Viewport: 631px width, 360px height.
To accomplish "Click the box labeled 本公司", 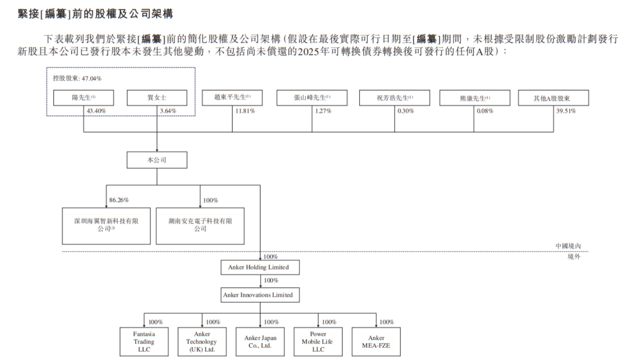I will [x=157, y=160].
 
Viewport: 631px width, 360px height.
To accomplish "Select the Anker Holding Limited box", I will [x=260, y=267].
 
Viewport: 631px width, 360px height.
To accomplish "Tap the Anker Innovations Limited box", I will [x=260, y=295].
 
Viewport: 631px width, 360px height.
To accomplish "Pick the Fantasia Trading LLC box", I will [x=144, y=342].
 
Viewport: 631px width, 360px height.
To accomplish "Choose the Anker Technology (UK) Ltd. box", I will [x=202, y=342].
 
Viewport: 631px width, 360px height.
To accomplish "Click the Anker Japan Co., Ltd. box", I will [x=260, y=342].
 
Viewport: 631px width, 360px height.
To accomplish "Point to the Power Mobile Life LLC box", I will [x=318, y=342].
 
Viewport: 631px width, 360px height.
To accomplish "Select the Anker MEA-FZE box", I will [x=376, y=342].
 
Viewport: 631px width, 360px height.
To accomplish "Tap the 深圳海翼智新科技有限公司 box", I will [x=106, y=226].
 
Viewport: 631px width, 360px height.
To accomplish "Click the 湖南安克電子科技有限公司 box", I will [x=200, y=226].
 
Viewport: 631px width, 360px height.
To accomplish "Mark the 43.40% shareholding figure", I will [x=96, y=111].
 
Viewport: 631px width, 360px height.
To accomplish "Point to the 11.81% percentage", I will [x=245, y=111].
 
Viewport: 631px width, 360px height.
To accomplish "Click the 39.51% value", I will [x=566, y=111].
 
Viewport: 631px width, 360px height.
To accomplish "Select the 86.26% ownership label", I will [x=119, y=200].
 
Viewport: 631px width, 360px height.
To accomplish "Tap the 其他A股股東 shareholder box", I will [x=553, y=98].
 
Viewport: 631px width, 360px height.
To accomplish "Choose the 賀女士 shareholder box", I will [x=157, y=98].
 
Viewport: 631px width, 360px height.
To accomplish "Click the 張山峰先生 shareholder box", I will [x=312, y=98].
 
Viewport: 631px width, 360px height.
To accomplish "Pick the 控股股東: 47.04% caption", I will [x=77, y=78].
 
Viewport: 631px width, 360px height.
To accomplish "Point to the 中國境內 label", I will [x=568, y=246].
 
